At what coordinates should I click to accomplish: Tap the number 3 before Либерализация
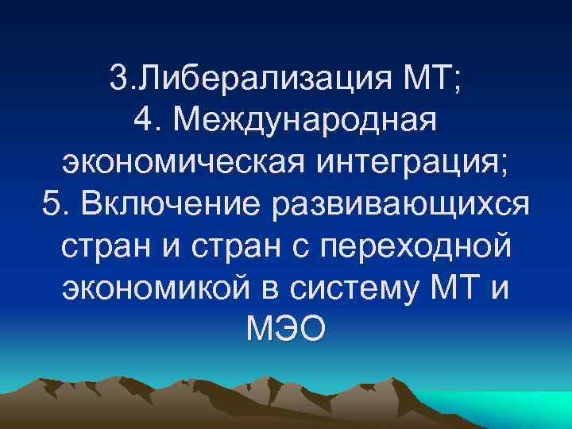tap(119, 78)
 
